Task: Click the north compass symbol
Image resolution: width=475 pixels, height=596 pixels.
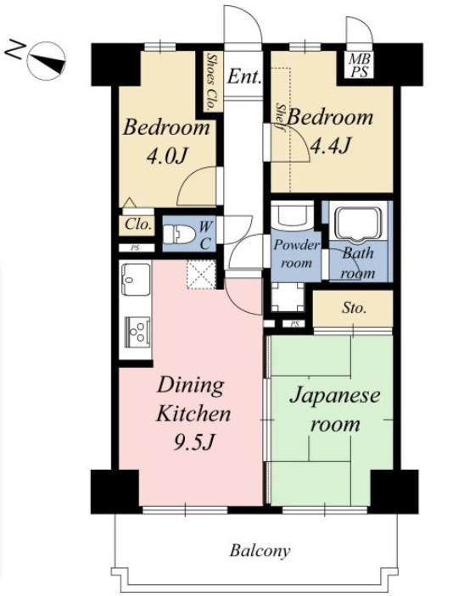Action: tap(47, 61)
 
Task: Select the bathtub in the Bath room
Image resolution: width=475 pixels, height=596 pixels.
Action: tap(357, 224)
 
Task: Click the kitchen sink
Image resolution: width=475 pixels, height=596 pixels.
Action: tap(136, 280)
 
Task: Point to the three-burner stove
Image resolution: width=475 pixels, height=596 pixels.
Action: tap(137, 331)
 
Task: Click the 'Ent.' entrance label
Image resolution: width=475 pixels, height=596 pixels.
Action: tap(244, 77)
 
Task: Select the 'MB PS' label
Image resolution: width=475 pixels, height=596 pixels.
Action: tap(360, 65)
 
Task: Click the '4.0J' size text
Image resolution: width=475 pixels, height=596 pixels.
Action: tap(168, 156)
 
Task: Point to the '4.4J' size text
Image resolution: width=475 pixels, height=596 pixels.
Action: tap(330, 146)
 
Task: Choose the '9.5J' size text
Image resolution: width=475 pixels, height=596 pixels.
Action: tap(195, 442)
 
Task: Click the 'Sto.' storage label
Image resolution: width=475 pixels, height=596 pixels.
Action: tap(354, 308)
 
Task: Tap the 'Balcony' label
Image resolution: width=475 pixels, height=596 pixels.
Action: tap(260, 550)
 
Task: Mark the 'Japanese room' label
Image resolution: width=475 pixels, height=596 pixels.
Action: tap(335, 409)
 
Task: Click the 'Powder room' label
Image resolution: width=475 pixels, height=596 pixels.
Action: tap(297, 253)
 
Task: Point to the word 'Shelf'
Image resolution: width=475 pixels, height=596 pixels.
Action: tap(282, 117)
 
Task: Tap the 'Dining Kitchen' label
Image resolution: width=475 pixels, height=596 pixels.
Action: tap(194, 399)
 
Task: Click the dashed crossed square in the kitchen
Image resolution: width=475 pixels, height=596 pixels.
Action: tap(201, 275)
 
